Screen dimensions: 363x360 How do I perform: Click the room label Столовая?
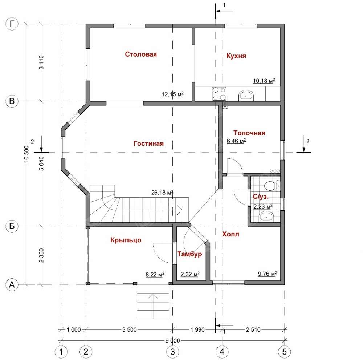pos(141,54)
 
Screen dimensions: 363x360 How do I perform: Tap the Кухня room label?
pos(236,56)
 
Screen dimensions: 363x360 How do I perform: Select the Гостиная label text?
pos(148,143)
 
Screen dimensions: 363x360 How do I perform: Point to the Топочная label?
pos(249,133)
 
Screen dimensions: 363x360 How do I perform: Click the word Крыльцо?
pos(126,240)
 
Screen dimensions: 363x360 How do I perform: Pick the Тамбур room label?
pos(189,254)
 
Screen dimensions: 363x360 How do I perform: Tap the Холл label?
pos(231,234)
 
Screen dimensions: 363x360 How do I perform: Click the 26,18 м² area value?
pos(162,193)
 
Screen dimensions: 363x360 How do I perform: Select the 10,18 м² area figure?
pos(264,81)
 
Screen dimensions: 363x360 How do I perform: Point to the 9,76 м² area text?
pos(268,274)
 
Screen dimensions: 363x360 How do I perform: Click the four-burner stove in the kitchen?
pos(219,94)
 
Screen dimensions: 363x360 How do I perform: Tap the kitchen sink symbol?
pos(246,95)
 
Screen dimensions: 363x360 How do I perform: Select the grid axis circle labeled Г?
pos(12,24)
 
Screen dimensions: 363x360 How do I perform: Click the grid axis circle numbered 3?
pos(173,352)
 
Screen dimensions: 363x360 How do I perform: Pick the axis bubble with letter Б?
pos(12,226)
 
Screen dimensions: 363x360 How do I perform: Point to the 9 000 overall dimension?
pos(172,340)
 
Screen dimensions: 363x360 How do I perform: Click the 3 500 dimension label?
pos(130,329)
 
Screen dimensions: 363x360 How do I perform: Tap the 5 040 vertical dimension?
pos(41,163)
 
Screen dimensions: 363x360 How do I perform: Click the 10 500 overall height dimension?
pos(26,154)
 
